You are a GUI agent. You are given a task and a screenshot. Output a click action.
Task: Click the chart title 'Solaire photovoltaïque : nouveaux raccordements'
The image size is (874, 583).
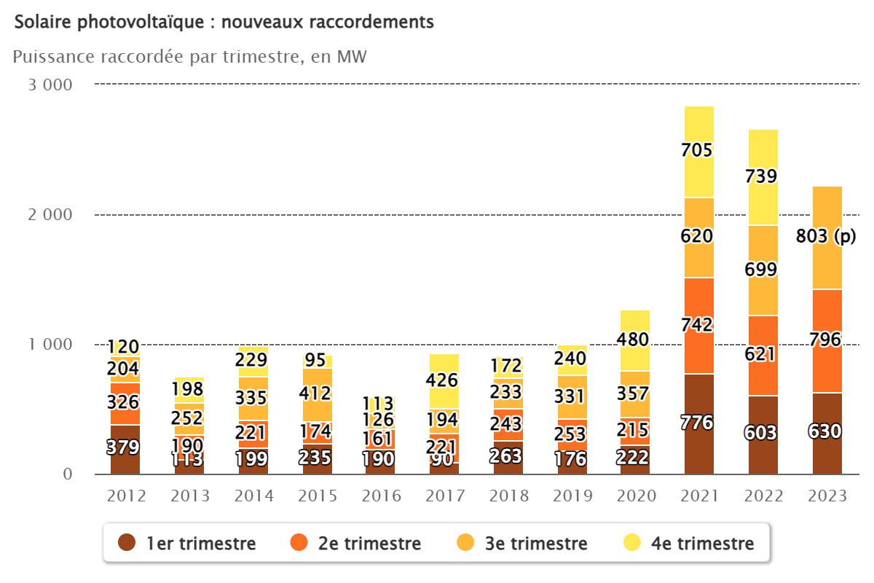(x=224, y=23)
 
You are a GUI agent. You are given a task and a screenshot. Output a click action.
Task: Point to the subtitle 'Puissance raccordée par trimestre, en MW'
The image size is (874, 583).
(x=189, y=57)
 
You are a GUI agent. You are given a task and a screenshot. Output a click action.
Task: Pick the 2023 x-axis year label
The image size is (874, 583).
(x=827, y=496)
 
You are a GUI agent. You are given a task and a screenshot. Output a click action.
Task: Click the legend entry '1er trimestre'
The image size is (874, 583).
(x=201, y=543)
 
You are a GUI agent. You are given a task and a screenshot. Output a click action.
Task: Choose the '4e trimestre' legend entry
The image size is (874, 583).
(x=700, y=543)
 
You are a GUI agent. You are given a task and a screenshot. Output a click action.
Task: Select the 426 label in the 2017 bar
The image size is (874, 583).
(x=443, y=380)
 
